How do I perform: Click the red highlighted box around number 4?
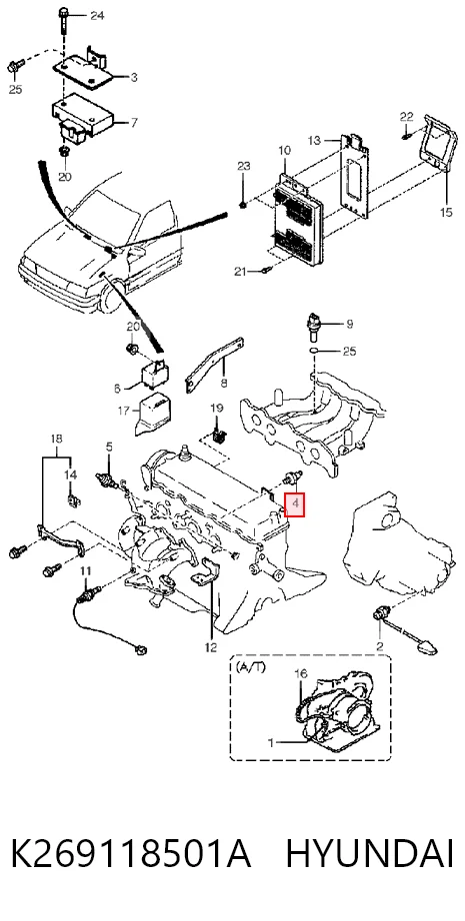point(295,504)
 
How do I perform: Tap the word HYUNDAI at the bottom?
point(370,854)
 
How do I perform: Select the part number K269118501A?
point(131,854)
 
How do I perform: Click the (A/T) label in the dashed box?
point(250,667)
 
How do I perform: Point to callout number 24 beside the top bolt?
point(97,16)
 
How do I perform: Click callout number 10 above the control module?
point(285,151)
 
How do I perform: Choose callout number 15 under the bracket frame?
point(446,212)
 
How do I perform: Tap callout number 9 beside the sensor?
point(349,324)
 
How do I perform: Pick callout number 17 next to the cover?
point(123,412)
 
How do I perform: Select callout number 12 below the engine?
point(211,647)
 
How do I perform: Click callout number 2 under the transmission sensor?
point(380,646)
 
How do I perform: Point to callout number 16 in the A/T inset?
point(300,673)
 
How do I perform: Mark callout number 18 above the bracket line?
point(56,439)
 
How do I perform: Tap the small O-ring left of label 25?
point(315,352)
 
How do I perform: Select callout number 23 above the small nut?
point(244,166)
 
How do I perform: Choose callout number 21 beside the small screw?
point(240,271)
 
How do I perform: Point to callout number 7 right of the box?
point(134,123)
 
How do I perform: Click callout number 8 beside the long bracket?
point(223,384)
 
